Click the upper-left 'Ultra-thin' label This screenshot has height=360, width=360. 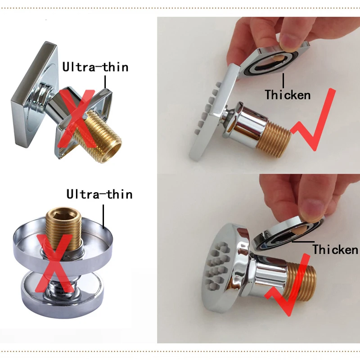point(95,67)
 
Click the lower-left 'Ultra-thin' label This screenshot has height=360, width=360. point(99,194)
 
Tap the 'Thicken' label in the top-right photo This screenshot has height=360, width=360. point(288,95)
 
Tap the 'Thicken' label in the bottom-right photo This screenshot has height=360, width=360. point(335,249)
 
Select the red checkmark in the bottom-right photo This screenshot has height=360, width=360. point(292,288)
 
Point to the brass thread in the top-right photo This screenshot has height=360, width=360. point(274,137)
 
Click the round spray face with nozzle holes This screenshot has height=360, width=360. point(225,265)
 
